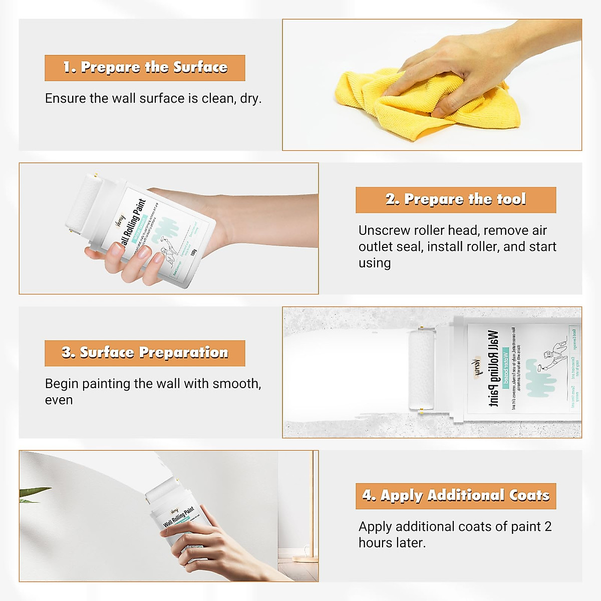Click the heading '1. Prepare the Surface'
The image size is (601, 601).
pos(145,68)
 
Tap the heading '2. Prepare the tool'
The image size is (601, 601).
pos(455,199)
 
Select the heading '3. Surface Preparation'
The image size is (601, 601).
pos(145,353)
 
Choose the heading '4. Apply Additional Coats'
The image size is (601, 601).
pos(455,495)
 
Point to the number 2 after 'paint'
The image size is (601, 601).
pos(547,526)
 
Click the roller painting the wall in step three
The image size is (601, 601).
pos(421,371)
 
